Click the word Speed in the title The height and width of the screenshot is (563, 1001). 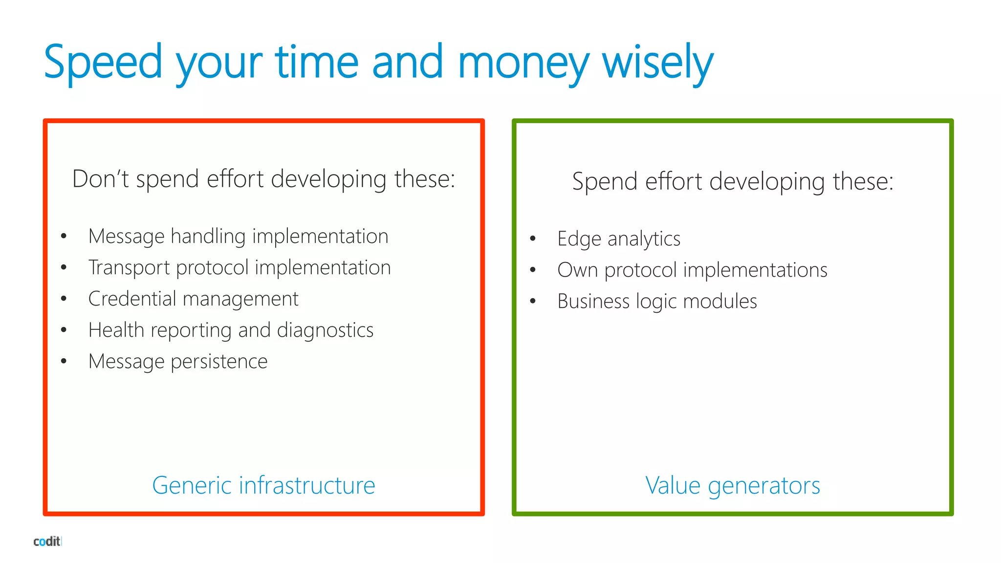pos(103,63)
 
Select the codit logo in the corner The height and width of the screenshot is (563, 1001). pos(47,541)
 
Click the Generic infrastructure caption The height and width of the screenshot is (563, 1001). pos(263,485)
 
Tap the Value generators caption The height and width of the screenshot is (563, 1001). pos(732,485)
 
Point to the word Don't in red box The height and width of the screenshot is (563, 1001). pos(100,179)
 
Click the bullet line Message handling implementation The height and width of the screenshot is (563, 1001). pos(238,237)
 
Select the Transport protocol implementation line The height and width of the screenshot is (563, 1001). pos(239,268)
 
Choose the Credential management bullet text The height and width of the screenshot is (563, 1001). pos(193,299)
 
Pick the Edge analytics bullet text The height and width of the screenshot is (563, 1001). pos(619,239)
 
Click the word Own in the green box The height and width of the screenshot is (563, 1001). pos(577,270)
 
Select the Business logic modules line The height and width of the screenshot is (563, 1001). pos(657,302)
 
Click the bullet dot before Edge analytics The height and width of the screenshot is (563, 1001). pos(533,239)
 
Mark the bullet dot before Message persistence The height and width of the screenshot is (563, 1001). pos(64,362)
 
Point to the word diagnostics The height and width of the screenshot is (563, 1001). pos(325,330)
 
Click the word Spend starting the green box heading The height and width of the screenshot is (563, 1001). pos(605,182)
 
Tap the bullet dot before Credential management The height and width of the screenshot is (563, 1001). pos(64,299)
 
